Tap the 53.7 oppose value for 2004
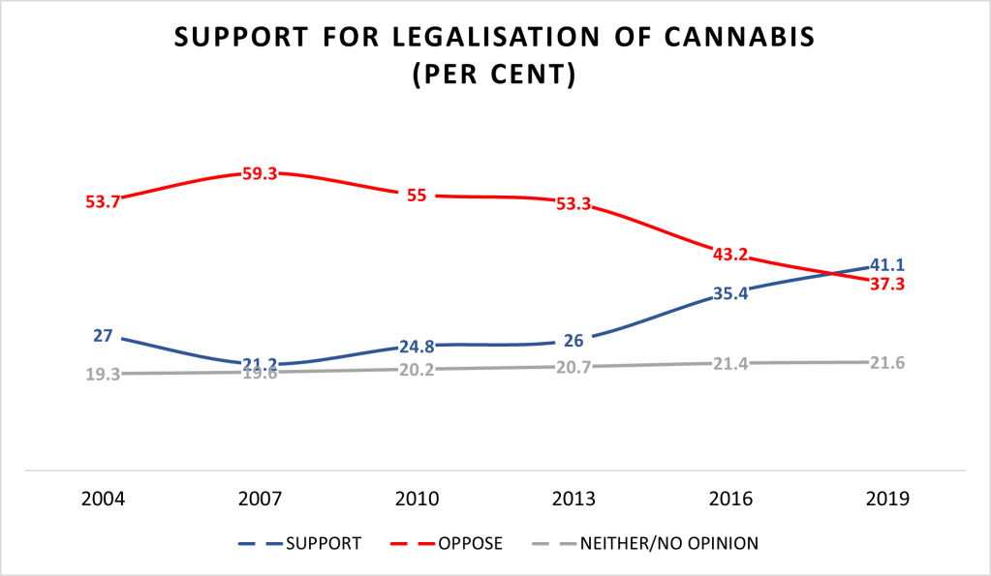point(102,202)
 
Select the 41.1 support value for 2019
point(887,264)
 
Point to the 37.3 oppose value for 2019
point(887,284)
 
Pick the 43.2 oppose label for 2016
point(730,254)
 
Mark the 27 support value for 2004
point(102,336)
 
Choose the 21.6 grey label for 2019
point(887,362)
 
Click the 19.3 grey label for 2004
point(102,374)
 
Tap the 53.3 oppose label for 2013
point(573,204)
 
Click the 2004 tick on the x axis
point(102,500)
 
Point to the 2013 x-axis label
point(573,500)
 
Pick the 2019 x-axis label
point(887,500)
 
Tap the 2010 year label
point(416,500)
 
